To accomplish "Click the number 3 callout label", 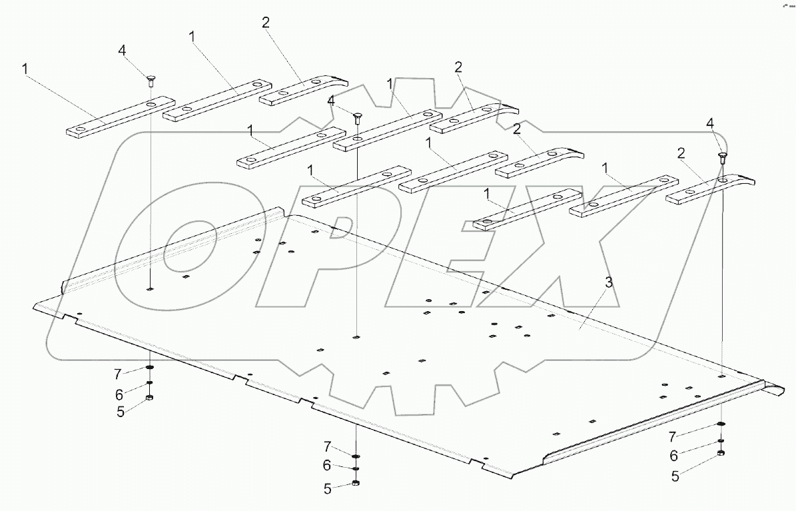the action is [609, 282].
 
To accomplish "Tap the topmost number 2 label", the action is [266, 23].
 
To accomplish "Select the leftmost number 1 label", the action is [25, 69].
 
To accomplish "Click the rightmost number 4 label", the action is [710, 123].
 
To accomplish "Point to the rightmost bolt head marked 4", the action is [722, 157].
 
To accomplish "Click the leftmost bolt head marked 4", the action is [151, 80].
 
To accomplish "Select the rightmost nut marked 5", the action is [721, 453].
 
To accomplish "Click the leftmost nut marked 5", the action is [149, 398].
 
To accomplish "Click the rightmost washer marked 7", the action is [721, 424].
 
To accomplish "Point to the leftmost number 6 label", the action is [120, 394].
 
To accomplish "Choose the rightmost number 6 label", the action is [673, 456].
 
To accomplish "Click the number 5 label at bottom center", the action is [328, 489].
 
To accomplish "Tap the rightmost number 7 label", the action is [672, 437].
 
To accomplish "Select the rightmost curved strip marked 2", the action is [709, 189].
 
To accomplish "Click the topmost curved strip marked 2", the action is [304, 91].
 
